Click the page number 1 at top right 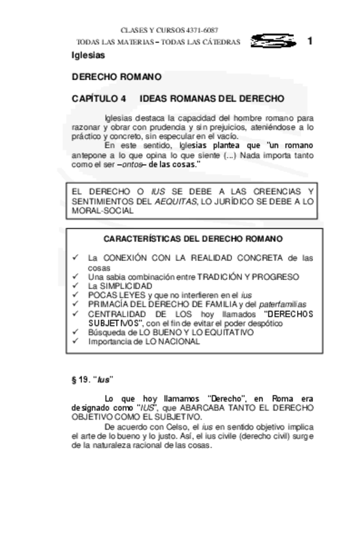click(x=310, y=41)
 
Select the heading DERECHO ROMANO click(x=116, y=77)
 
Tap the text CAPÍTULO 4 click(x=98, y=98)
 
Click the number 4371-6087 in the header click(x=202, y=30)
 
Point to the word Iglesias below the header click(x=88, y=55)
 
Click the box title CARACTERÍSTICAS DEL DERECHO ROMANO click(x=193, y=239)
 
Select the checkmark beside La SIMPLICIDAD click(x=76, y=286)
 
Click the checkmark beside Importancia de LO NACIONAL click(x=76, y=341)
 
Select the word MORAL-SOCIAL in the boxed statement click(x=103, y=211)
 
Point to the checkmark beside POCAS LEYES click(x=76, y=295)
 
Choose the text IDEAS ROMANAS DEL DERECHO click(x=212, y=98)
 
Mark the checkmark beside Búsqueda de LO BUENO click(x=76, y=332)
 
